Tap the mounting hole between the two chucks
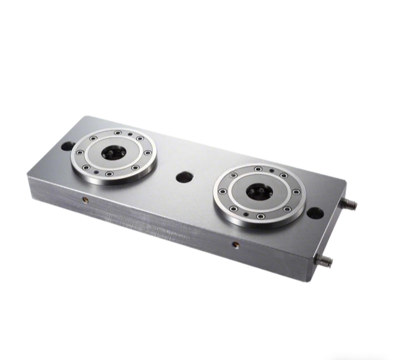[183, 177]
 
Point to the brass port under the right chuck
[235, 245]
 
